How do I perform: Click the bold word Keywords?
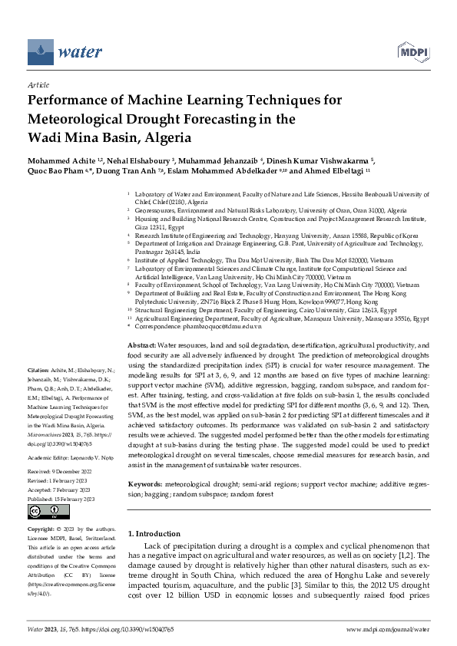click(146, 463)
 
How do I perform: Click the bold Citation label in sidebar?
click(40, 371)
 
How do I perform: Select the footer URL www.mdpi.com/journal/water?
click(386, 629)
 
